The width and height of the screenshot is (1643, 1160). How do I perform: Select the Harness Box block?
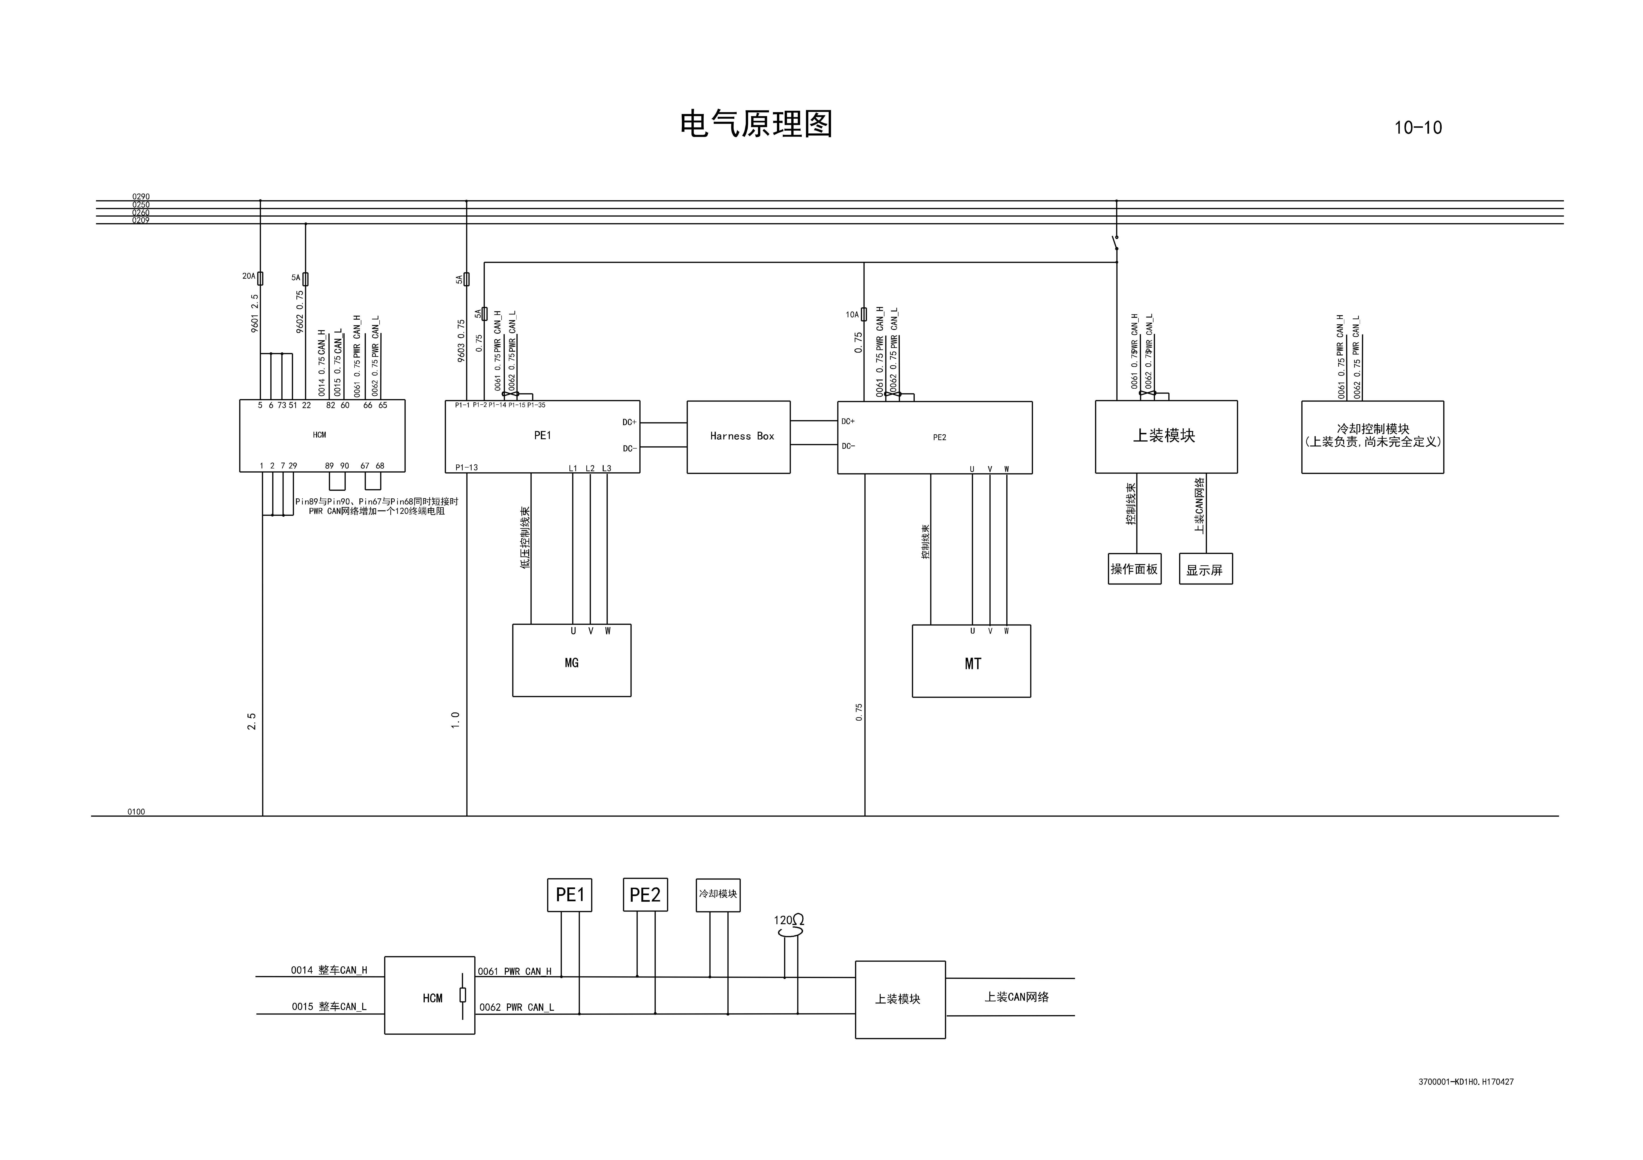click(x=738, y=436)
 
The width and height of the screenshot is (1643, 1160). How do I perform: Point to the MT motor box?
click(x=971, y=661)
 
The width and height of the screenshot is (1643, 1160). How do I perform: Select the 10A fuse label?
click(x=852, y=315)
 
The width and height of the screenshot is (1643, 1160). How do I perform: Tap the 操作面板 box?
click(x=1134, y=569)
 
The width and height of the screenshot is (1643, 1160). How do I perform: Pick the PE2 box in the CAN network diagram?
click(x=645, y=895)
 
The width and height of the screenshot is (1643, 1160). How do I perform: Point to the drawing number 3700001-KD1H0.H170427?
click(x=1466, y=1082)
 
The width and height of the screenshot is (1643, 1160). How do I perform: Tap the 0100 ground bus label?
click(x=136, y=812)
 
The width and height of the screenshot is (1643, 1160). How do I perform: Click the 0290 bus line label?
click(x=141, y=197)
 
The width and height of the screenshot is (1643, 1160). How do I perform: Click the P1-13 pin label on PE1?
click(x=467, y=468)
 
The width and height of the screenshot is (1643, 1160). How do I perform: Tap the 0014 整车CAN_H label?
click(x=329, y=970)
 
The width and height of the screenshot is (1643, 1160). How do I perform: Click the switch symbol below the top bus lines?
click(x=1115, y=243)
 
